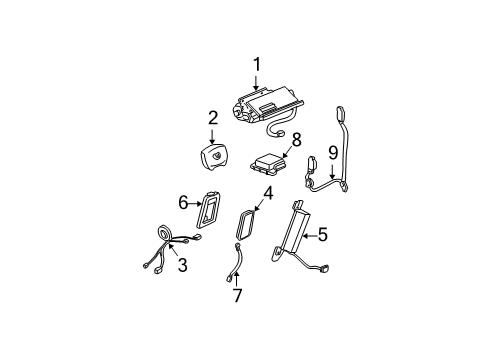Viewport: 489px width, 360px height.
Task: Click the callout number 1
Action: click(257, 65)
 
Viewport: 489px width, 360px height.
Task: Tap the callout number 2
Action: click(213, 118)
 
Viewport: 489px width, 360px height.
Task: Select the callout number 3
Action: click(183, 265)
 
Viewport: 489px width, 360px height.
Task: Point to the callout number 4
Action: click(268, 192)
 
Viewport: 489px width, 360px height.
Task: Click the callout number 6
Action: click(184, 203)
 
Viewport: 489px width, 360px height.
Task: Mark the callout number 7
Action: click(237, 296)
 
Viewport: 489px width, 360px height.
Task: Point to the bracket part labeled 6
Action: click(211, 211)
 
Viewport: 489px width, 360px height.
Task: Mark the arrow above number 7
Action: click(237, 279)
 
